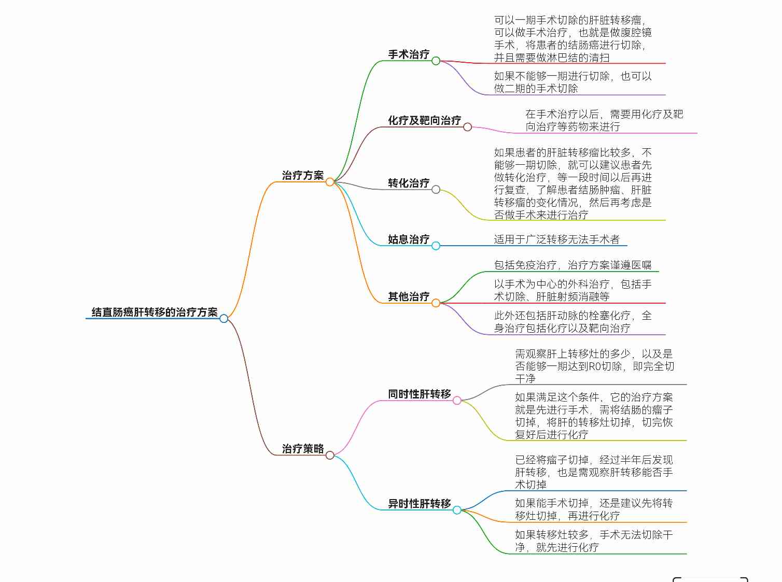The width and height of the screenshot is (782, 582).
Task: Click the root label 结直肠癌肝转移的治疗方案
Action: pyautogui.click(x=155, y=312)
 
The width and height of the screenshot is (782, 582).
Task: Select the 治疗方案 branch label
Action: pyautogui.click(x=302, y=175)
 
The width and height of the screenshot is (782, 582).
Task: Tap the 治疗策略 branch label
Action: pyautogui.click(x=302, y=449)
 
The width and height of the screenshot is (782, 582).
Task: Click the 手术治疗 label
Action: pyautogui.click(x=409, y=54)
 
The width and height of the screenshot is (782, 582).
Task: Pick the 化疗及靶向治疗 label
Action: pyautogui.click(x=425, y=120)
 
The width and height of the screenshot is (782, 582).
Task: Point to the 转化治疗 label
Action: pyautogui.click(x=409, y=183)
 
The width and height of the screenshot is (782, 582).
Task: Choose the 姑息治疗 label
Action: pyautogui.click(x=409, y=239)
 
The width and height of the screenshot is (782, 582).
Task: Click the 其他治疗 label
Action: pyautogui.click(x=409, y=296)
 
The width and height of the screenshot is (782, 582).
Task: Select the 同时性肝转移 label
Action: pyautogui.click(x=419, y=394)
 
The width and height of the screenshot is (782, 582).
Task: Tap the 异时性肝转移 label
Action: pyautogui.click(x=419, y=503)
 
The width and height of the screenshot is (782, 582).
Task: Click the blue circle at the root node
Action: pyautogui.click(x=224, y=319)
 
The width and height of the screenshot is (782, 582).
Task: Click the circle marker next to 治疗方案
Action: pyautogui.click(x=330, y=182)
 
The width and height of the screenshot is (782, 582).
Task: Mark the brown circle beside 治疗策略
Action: pyautogui.click(x=330, y=456)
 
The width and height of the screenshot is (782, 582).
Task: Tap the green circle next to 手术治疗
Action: pyautogui.click(x=436, y=61)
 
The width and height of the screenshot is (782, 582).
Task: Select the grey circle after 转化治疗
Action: pyautogui.click(x=436, y=190)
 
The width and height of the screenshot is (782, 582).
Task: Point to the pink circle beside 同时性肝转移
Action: pyautogui.click(x=457, y=401)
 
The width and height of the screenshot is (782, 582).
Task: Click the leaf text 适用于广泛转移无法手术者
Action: pyautogui.click(x=557, y=239)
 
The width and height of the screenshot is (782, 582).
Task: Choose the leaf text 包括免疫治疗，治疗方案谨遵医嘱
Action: pyautogui.click(x=572, y=265)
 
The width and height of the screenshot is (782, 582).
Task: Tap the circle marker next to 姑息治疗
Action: pyautogui.click(x=436, y=246)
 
